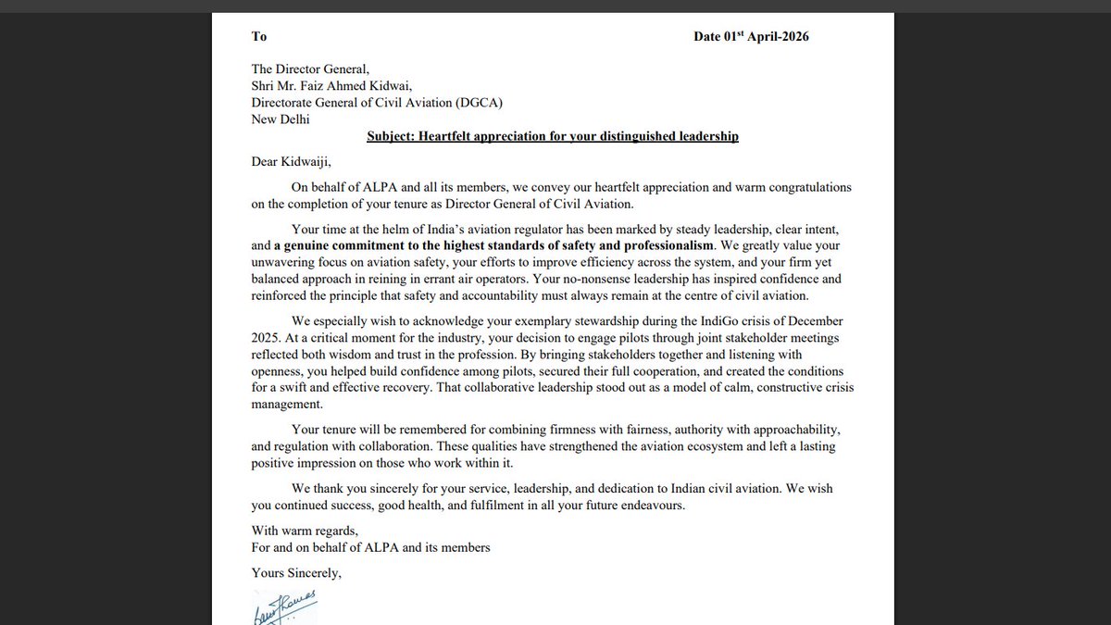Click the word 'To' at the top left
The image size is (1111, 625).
tap(259, 36)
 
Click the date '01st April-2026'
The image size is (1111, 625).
tap(768, 36)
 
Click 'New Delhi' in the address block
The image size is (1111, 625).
tap(281, 119)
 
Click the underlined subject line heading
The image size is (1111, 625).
tap(553, 136)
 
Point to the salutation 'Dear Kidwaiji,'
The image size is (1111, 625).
tap(291, 161)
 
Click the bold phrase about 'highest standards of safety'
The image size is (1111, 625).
tap(494, 245)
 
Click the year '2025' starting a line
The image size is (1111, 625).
tap(265, 338)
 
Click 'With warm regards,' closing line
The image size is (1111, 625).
tap(304, 531)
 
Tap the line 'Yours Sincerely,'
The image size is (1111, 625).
tap(296, 573)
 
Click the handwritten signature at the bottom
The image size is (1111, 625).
tap(284, 606)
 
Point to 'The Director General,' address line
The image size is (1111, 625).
tap(310, 69)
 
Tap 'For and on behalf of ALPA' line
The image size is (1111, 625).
tap(370, 547)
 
